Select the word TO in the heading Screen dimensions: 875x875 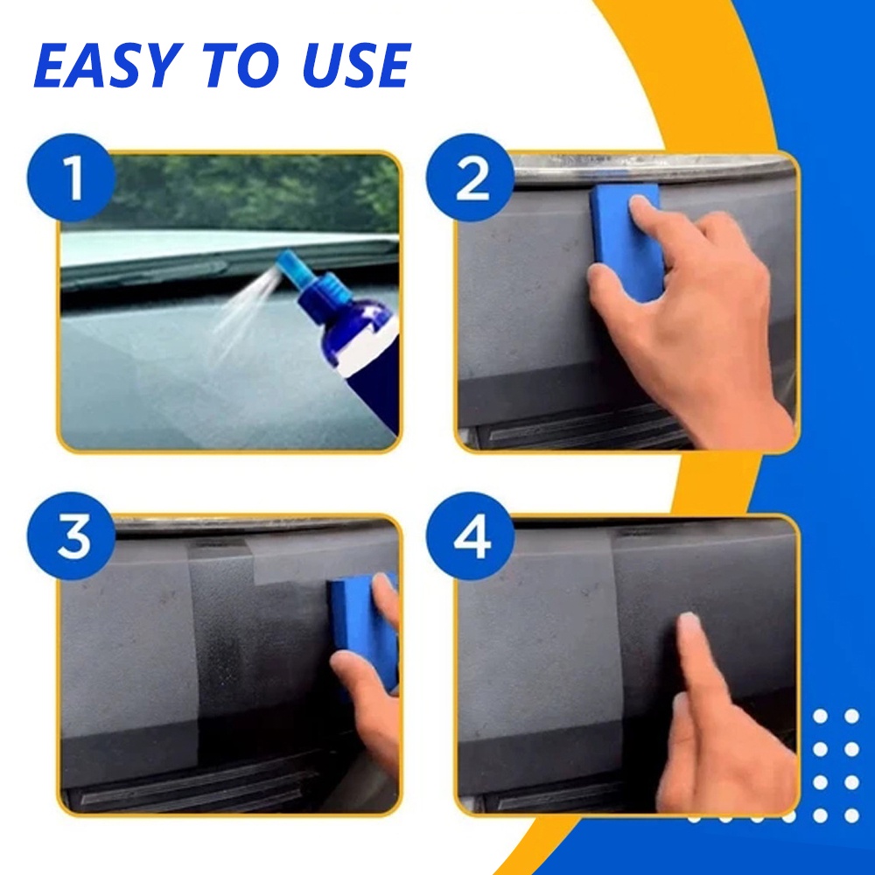click(242, 66)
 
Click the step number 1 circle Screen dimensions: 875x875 click(72, 178)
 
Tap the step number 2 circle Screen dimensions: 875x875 click(471, 178)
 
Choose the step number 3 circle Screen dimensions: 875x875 click(72, 536)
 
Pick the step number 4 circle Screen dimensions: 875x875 click(471, 536)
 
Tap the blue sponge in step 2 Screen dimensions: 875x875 click(627, 242)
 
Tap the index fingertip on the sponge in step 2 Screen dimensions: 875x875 click(641, 206)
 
